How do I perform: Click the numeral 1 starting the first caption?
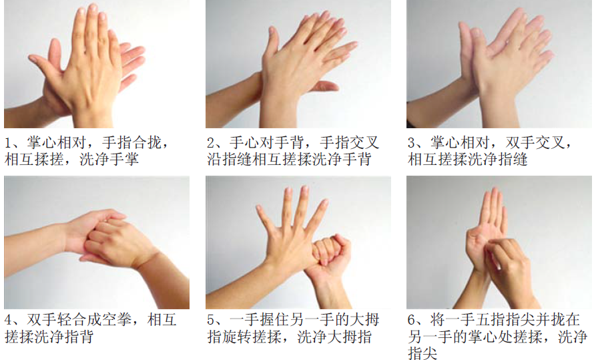(x=9, y=143)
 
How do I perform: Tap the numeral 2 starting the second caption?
(x=211, y=143)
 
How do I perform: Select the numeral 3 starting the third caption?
(x=412, y=143)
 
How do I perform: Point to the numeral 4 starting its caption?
(x=9, y=319)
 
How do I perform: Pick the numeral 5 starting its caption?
(x=211, y=319)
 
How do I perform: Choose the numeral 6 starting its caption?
(x=412, y=319)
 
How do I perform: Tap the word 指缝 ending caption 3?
(x=513, y=159)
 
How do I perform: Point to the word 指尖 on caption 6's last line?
(x=422, y=353)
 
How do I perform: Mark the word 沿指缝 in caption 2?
(x=230, y=159)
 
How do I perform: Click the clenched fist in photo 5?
(x=330, y=252)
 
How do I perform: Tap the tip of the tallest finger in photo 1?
(x=93, y=7)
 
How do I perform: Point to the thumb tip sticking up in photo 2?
(x=272, y=31)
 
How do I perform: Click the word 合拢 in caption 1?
(x=147, y=143)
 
